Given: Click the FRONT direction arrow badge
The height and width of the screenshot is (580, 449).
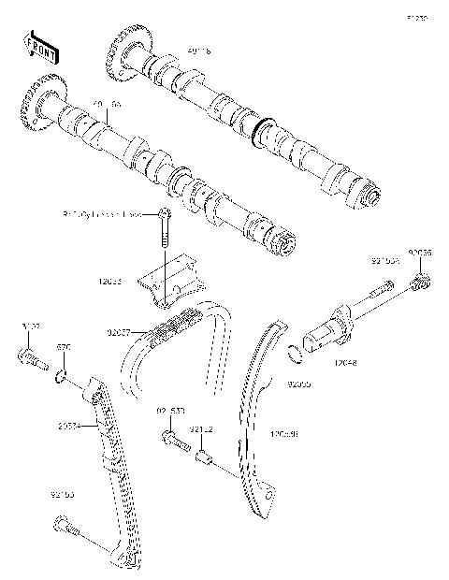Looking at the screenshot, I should [39, 43].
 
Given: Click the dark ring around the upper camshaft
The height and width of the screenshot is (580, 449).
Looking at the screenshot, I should [263, 130].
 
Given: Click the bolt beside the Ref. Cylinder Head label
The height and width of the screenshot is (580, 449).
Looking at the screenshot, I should [164, 227].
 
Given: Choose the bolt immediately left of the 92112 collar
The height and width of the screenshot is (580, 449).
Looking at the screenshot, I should [171, 438].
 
